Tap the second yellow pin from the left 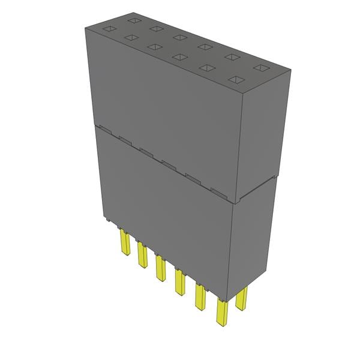(143, 255)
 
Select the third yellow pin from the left (160, 267)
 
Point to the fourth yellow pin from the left (179, 281)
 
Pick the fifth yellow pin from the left (199, 296)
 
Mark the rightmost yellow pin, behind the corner (242, 298)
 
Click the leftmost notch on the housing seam (104, 128)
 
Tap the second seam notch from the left (125, 140)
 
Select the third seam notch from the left (146, 152)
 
